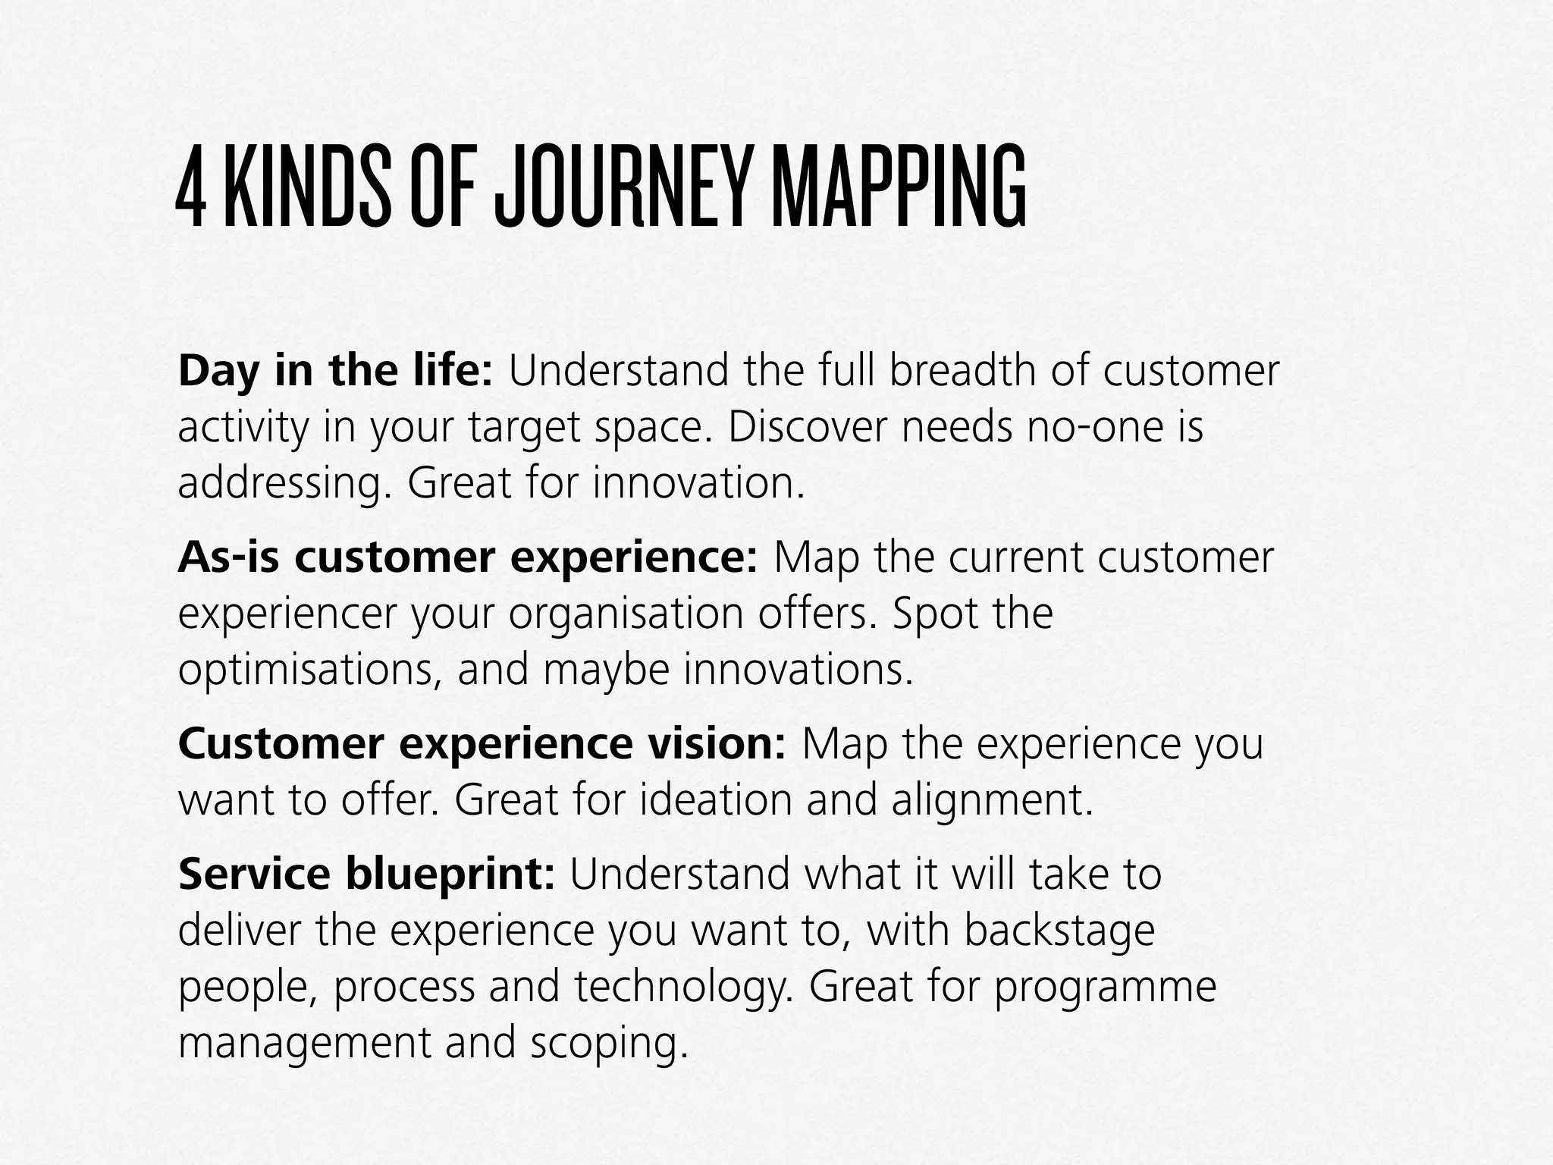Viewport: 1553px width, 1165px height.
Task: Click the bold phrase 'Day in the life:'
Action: [335, 372]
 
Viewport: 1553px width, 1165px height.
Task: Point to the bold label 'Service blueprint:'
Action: [367, 874]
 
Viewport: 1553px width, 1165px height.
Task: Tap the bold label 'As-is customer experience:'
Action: [467, 557]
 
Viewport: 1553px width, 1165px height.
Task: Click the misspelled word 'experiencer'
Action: [287, 614]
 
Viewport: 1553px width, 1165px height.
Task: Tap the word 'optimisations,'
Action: [309, 670]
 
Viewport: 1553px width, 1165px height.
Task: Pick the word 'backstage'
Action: [1059, 931]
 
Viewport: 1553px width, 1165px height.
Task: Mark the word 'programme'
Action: [1104, 986]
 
